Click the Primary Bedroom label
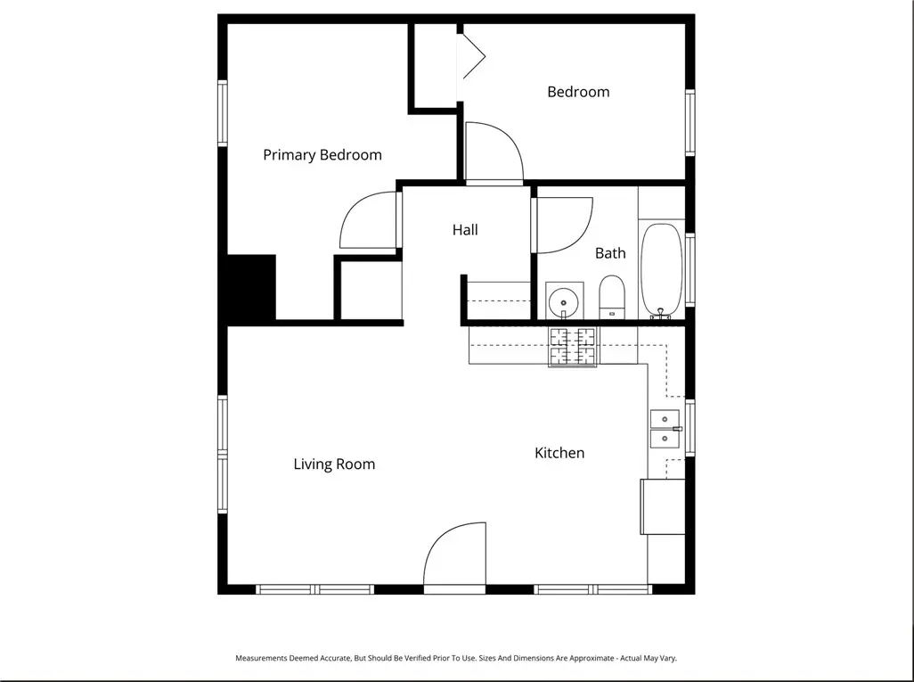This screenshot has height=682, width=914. (x=322, y=155)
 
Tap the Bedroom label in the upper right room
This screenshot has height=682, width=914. (x=578, y=92)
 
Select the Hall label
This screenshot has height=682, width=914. (x=464, y=230)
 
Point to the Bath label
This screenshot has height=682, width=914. (x=610, y=253)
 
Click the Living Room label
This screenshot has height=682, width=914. (x=334, y=464)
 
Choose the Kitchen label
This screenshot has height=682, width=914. (x=559, y=453)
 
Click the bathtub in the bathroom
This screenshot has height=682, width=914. (x=661, y=270)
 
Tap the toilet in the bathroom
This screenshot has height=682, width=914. (x=612, y=297)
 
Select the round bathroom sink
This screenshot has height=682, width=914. (x=563, y=301)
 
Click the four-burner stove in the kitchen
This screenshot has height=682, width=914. (x=572, y=346)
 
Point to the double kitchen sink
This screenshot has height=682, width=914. (x=665, y=429)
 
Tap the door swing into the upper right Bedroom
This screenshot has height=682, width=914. (x=493, y=152)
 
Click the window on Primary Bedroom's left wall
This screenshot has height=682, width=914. (x=223, y=113)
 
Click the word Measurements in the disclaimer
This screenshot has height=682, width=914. (x=263, y=658)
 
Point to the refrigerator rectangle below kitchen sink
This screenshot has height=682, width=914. (x=663, y=506)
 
